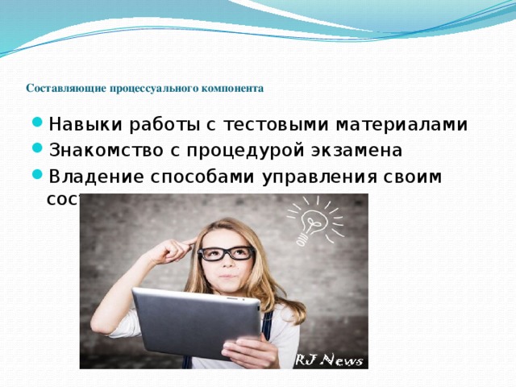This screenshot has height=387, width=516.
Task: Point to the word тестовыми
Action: (267, 125)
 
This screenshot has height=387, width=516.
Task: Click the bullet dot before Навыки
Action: (40, 126)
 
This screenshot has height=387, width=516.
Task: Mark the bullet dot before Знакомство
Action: (40, 152)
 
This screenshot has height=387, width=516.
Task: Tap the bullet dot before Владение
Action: (40, 177)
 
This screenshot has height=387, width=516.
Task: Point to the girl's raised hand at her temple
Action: (173, 252)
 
